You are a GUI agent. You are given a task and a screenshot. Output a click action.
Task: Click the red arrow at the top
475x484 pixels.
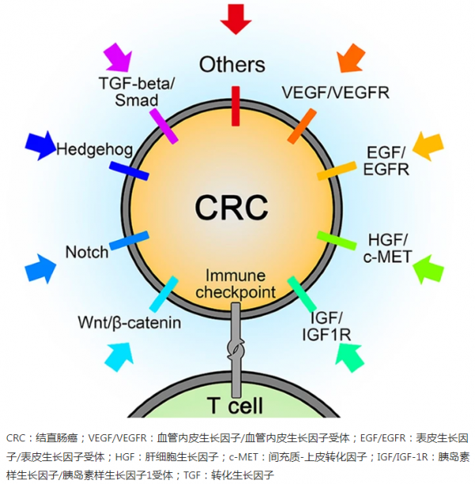(x=236, y=17)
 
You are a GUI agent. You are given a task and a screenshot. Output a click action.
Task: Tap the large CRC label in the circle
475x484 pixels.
(x=232, y=208)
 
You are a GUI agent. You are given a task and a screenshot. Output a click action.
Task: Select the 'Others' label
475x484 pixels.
(x=232, y=64)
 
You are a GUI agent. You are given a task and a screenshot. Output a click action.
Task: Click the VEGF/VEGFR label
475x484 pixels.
(x=336, y=92)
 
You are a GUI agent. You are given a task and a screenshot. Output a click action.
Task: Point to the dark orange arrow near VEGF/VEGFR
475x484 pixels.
(x=351, y=56)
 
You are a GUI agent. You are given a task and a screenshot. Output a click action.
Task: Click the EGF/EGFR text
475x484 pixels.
(x=386, y=160)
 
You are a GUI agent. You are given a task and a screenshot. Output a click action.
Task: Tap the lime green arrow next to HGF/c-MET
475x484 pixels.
(x=430, y=268)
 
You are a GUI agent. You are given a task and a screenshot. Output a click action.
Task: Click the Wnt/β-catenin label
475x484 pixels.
(x=130, y=322)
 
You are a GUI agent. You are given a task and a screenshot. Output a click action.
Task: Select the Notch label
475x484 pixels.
(x=87, y=253)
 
